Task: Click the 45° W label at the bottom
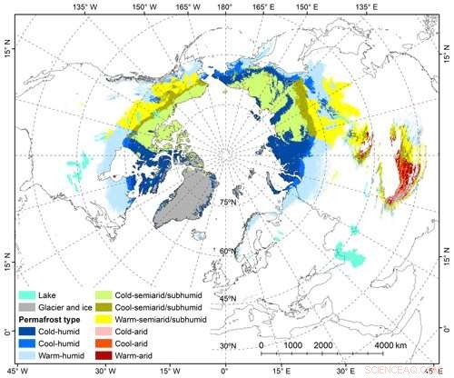tap(16, 371)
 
